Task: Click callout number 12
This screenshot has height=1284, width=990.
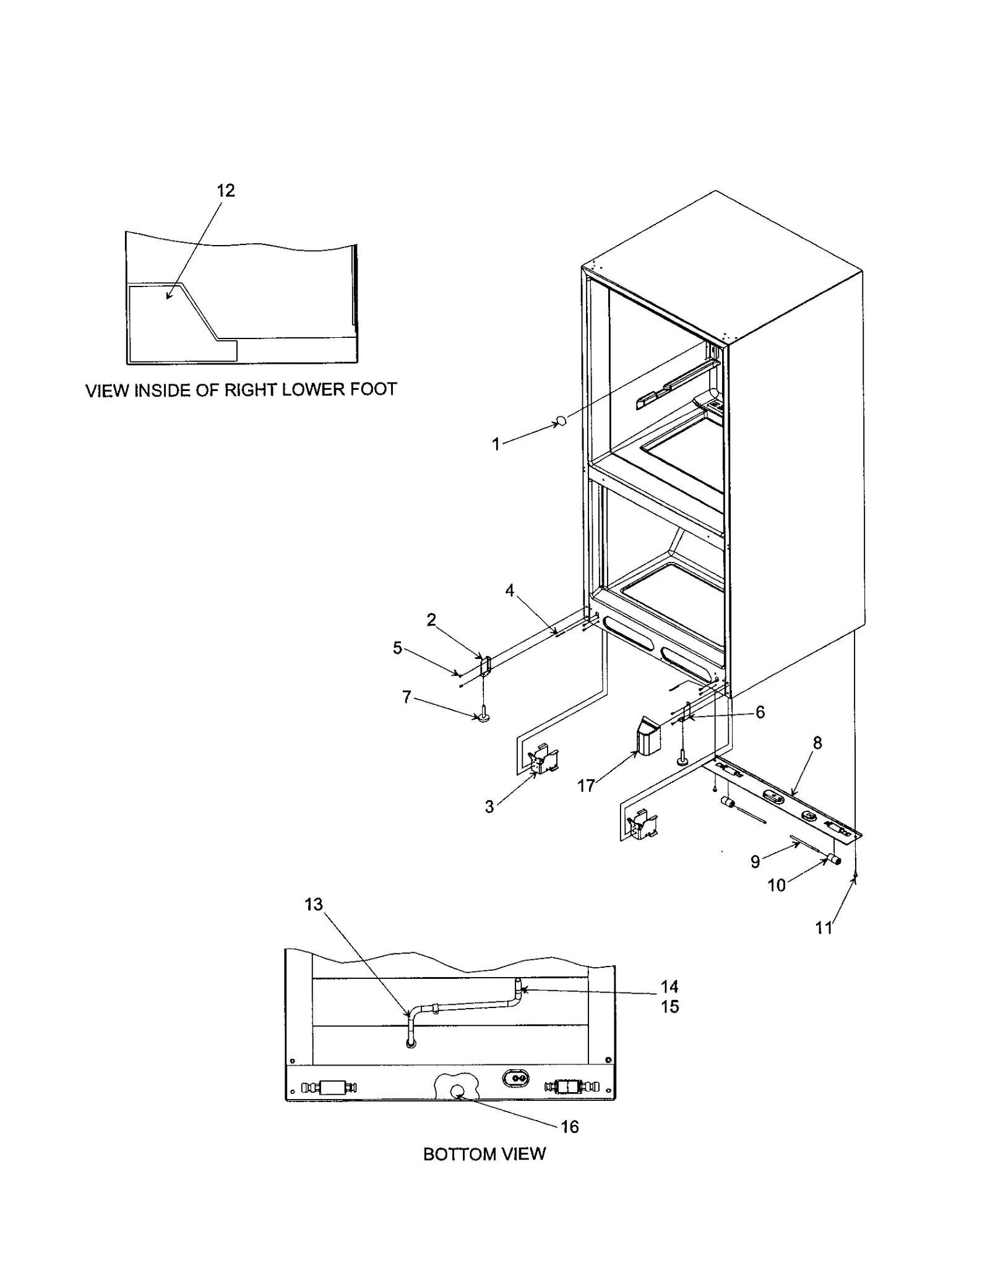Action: pos(226,191)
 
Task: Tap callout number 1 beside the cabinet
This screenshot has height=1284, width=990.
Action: pos(496,444)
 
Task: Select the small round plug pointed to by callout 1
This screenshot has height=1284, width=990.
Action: pos(561,421)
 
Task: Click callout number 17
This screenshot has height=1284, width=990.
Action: pos(585,786)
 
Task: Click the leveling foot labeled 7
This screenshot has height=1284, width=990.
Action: pos(483,717)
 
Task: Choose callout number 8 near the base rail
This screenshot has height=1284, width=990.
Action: pos(817,743)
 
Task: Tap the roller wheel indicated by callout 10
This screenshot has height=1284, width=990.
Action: pos(834,859)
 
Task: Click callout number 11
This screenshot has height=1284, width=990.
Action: pos(824,928)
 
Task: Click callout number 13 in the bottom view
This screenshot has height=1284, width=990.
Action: pos(314,905)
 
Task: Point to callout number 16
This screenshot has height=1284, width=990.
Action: pos(569,1126)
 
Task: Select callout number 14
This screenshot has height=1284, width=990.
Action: pos(669,986)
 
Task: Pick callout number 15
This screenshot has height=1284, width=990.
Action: pos(669,1007)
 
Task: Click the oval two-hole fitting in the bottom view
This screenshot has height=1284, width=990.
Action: pos(515,1078)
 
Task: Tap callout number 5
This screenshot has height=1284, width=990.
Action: pos(397,648)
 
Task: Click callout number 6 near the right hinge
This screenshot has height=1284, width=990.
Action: pos(760,712)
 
